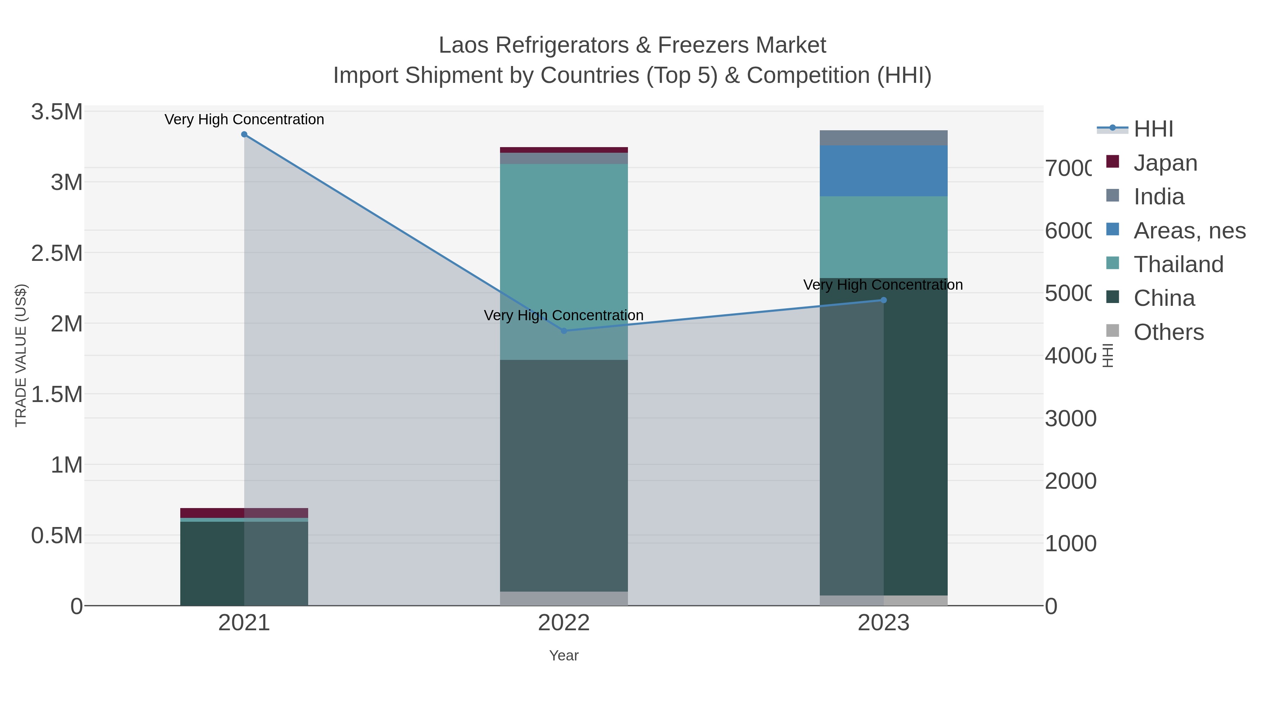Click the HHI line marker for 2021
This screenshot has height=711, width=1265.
click(x=244, y=134)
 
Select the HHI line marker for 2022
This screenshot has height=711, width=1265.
click(x=564, y=331)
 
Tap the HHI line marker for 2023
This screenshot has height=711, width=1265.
click(x=883, y=300)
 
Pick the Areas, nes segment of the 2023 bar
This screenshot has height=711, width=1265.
click(x=883, y=171)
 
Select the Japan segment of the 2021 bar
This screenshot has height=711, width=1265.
click(x=244, y=513)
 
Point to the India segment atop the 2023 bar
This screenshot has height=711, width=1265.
click(x=883, y=138)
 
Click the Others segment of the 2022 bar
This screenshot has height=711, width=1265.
click(x=564, y=598)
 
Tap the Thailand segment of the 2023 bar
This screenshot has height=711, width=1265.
click(x=883, y=237)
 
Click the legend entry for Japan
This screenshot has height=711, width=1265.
click(x=1165, y=163)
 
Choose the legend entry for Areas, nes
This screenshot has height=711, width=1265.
click(x=1189, y=231)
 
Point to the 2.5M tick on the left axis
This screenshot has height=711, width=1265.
click(x=57, y=253)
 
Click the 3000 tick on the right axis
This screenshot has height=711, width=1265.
click(x=1071, y=419)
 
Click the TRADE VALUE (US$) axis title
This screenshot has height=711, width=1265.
click(x=21, y=355)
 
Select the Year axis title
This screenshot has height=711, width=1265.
click(x=564, y=656)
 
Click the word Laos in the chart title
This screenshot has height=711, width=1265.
click(x=463, y=46)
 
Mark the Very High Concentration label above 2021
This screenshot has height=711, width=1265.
click(x=244, y=120)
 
